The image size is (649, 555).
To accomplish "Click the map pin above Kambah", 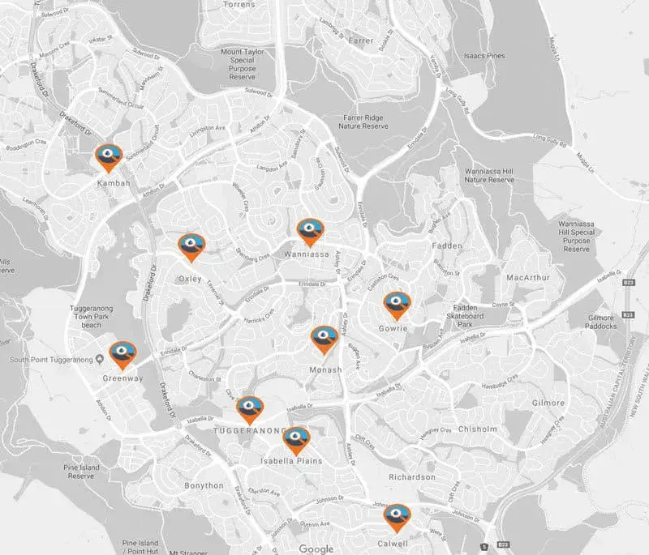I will coord(108,156).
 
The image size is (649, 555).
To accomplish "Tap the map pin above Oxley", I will coord(191,247).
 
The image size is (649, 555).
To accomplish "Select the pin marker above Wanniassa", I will coord(310,231).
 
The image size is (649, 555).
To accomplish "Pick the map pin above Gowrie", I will coord(397,305).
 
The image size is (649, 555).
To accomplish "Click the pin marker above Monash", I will coord(324,339).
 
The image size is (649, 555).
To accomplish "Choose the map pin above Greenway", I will coord(122,354).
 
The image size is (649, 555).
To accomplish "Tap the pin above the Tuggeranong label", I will coord(250,409).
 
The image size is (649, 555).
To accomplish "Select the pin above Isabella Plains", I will coord(295,441).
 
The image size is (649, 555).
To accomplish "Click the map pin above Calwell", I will coord(397,516).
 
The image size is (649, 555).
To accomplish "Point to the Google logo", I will coord(316,549).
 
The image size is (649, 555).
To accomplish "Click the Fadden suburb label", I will coord(447,245).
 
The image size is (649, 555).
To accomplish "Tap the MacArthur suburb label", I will coord(528,278).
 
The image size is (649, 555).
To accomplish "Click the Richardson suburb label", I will coord(411,477).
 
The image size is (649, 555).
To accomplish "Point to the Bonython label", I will coord(203,485).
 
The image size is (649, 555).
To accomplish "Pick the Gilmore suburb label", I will coord(548,403).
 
